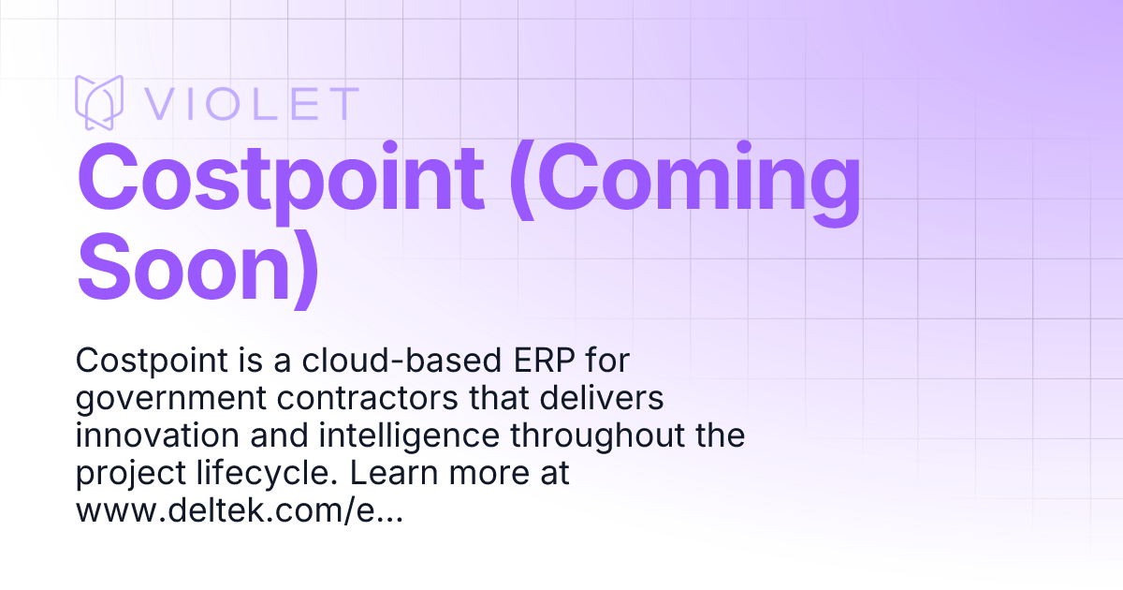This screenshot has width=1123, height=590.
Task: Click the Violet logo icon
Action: (x=99, y=102)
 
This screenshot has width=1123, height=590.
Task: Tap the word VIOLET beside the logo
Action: (x=251, y=103)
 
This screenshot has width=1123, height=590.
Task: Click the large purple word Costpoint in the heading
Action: (x=281, y=178)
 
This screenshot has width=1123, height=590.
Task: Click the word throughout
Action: (x=588, y=435)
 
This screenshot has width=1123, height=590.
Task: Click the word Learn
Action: (x=391, y=474)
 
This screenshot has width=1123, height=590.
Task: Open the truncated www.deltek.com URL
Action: (x=239, y=512)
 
